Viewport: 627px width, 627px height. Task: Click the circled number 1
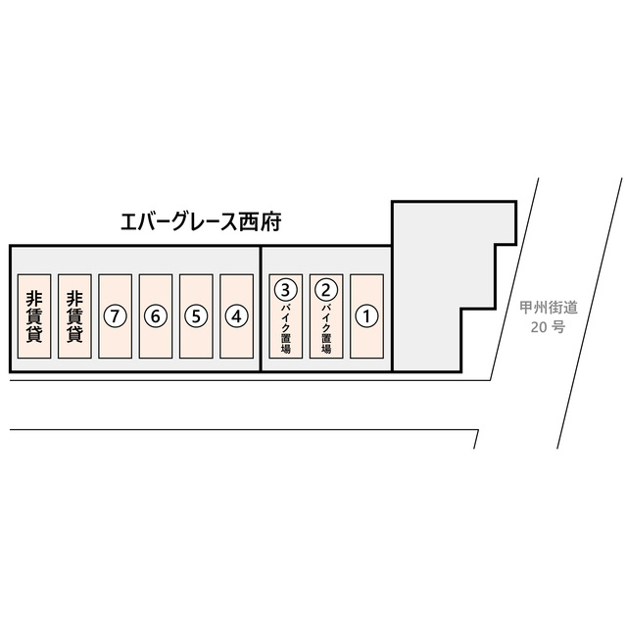point(366,316)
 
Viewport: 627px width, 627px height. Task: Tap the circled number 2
point(326,290)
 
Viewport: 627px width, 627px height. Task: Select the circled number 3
point(285,290)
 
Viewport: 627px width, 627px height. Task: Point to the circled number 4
point(237,316)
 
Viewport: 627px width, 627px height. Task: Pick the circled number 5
point(196,316)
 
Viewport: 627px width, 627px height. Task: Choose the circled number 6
point(156,316)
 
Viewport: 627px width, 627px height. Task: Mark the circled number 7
point(116,316)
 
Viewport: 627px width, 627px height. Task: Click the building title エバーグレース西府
point(201,222)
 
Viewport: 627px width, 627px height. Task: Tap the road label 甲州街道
point(549,308)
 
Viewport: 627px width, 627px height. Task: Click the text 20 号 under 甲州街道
point(548,327)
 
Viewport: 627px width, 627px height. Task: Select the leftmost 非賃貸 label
point(34,316)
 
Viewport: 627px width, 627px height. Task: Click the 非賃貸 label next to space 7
point(74,316)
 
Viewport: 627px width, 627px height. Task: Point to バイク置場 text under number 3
point(285,329)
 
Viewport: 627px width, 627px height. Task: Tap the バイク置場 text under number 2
point(326,329)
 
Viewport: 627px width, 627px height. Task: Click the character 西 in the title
point(249,222)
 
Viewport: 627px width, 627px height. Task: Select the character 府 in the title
point(271,222)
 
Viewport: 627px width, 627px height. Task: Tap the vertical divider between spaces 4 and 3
point(261,309)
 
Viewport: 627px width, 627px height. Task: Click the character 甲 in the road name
point(527,308)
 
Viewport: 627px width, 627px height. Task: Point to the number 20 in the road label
point(539,327)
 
